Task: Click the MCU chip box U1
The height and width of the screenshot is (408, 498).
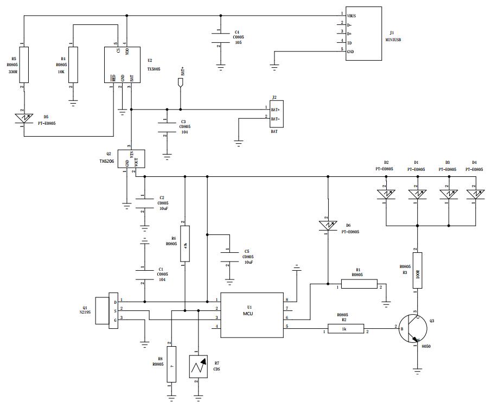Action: click(253, 314)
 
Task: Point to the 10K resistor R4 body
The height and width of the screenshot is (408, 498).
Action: click(73, 65)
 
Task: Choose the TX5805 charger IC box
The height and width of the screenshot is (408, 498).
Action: click(122, 65)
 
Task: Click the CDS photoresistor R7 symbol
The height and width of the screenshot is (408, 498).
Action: click(199, 367)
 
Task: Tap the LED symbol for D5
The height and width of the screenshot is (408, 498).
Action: click(24, 119)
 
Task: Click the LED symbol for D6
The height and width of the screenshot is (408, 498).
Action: click(328, 224)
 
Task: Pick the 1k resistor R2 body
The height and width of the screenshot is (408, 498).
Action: click(345, 328)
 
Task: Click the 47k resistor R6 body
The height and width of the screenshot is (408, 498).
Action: click(186, 245)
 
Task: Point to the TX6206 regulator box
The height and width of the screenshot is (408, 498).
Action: click(130, 158)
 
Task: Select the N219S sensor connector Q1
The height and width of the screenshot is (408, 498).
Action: click(107, 310)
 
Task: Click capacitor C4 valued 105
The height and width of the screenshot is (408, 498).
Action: click(220, 41)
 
